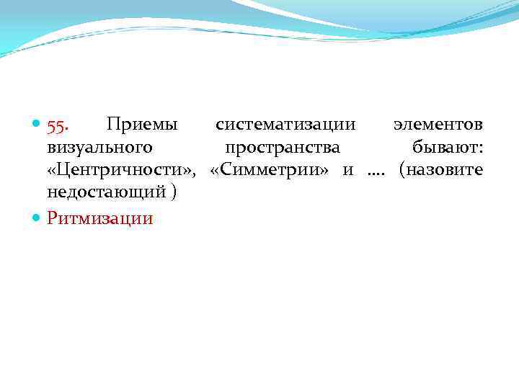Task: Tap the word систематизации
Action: point(285,125)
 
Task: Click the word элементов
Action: point(438,125)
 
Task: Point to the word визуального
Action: point(99,148)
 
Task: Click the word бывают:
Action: point(447,148)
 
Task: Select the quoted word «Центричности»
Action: point(122,171)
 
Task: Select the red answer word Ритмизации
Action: point(100,218)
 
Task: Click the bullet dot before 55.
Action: point(37,126)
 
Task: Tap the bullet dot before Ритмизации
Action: point(37,218)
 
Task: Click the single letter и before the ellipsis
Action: point(348,171)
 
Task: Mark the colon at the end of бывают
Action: point(480,149)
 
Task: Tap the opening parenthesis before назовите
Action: point(403,171)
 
